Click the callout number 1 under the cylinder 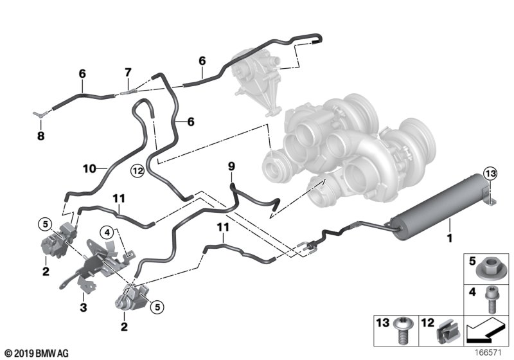coord(450,239)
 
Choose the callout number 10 coord(89,168)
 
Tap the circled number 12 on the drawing coord(136,170)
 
